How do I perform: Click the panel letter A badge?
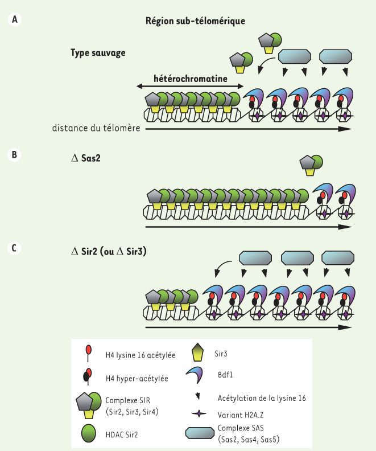click(x=15, y=19)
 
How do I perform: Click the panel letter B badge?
click(x=14, y=154)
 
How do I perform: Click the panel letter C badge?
click(x=14, y=248)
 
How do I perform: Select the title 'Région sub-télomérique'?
click(x=195, y=21)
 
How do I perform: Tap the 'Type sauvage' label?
click(x=98, y=53)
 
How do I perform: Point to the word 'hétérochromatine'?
click(x=191, y=79)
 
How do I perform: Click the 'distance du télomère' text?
click(x=96, y=128)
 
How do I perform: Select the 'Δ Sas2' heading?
click(x=86, y=158)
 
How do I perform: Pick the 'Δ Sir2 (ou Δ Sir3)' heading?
click(x=109, y=252)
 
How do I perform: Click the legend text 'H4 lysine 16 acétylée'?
click(x=141, y=355)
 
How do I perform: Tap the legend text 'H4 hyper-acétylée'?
click(x=137, y=378)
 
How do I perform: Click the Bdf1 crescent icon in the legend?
click(x=195, y=375)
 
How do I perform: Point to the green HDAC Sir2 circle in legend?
click(x=89, y=433)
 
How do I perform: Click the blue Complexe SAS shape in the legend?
click(x=200, y=433)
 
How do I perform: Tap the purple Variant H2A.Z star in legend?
click(x=199, y=414)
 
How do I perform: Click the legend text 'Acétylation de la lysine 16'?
click(x=262, y=398)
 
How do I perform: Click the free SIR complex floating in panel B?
click(x=311, y=165)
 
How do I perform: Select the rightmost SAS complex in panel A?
click(x=336, y=56)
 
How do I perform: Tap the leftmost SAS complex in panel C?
click(x=255, y=258)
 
